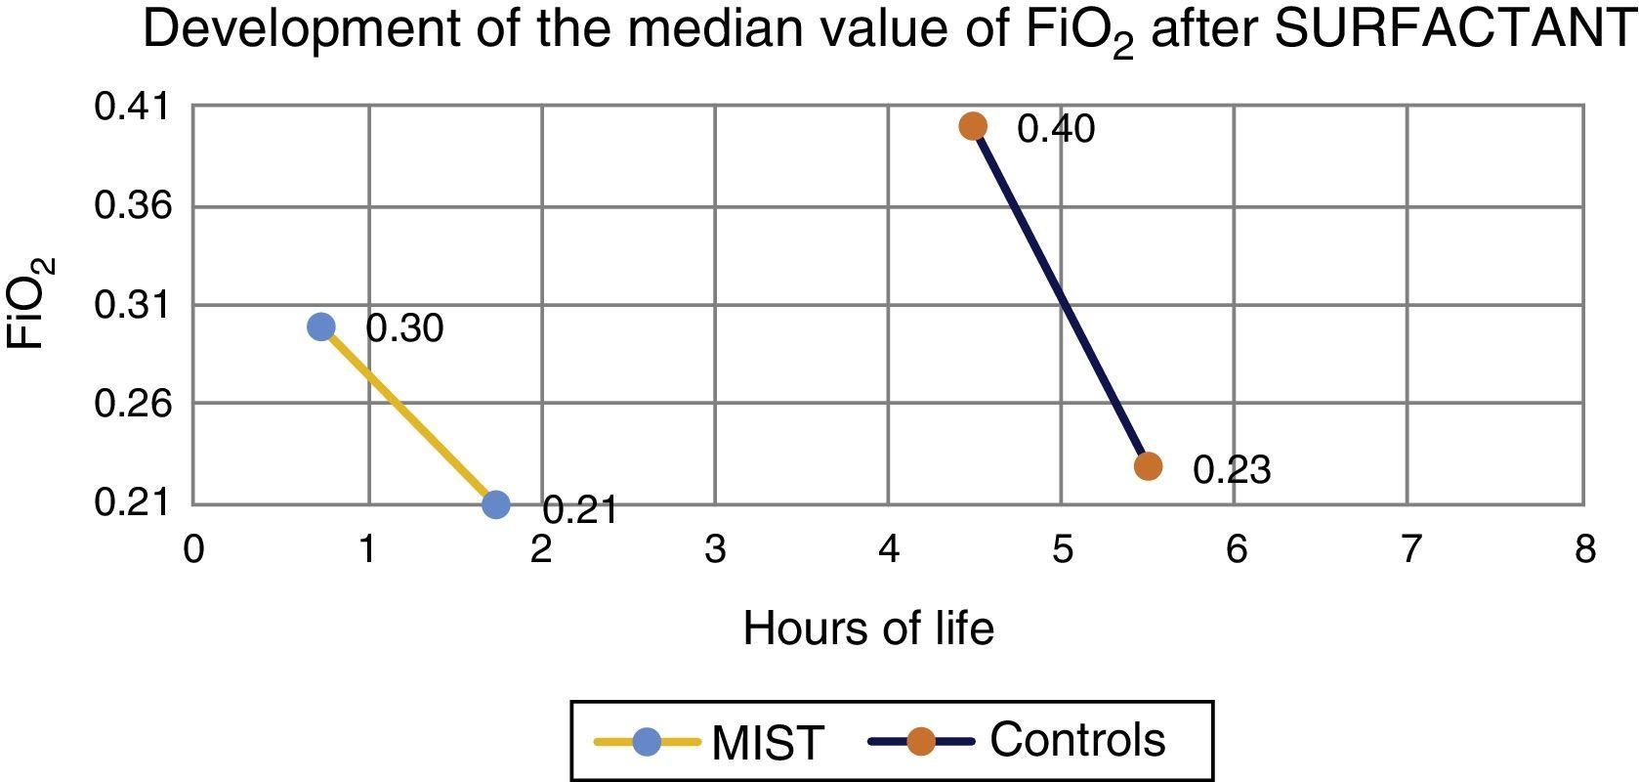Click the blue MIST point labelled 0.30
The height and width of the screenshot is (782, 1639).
pyautogui.click(x=321, y=326)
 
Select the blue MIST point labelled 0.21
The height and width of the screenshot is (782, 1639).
pyautogui.click(x=496, y=504)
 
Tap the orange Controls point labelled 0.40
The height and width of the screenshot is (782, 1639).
pyautogui.click(x=973, y=126)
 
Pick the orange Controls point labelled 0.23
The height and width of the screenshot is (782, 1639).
pyautogui.click(x=1149, y=466)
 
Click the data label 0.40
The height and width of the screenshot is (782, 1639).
pyautogui.click(x=1056, y=129)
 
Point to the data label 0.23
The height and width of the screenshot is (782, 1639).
pyautogui.click(x=1232, y=470)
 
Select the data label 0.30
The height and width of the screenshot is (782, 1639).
pyautogui.click(x=404, y=328)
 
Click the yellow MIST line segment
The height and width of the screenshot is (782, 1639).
pyautogui.click(x=408, y=415)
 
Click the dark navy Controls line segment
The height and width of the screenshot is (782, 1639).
pyautogui.click(x=1061, y=296)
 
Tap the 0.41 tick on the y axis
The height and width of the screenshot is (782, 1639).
pyautogui.click(x=132, y=107)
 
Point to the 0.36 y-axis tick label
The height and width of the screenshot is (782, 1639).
pyautogui.click(x=132, y=206)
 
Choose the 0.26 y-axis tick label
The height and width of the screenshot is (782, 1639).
pyautogui.click(x=132, y=403)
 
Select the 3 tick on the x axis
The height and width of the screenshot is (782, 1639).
pyautogui.click(x=715, y=549)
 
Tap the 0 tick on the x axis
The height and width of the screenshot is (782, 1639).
pyautogui.click(x=193, y=549)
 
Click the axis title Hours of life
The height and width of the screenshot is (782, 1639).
pyautogui.click(x=868, y=629)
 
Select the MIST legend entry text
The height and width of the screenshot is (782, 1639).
pyautogui.click(x=768, y=744)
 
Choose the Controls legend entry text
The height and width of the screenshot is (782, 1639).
pyautogui.click(x=1077, y=740)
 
